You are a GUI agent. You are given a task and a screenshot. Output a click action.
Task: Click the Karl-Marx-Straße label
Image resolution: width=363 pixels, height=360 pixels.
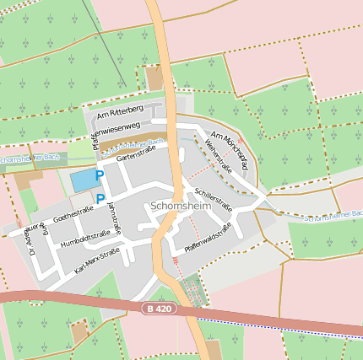[97, 261]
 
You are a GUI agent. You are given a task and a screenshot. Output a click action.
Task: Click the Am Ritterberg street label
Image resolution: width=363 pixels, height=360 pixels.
[121, 111]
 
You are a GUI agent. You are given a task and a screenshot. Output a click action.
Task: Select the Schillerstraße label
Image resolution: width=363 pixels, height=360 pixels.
[213, 198]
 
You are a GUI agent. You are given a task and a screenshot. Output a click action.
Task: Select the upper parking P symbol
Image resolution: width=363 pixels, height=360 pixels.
[100, 175]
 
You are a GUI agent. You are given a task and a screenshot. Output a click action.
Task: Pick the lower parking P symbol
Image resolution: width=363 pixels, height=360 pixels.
[100, 199]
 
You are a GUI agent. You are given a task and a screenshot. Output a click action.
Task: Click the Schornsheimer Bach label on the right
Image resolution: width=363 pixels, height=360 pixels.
[333, 219]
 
